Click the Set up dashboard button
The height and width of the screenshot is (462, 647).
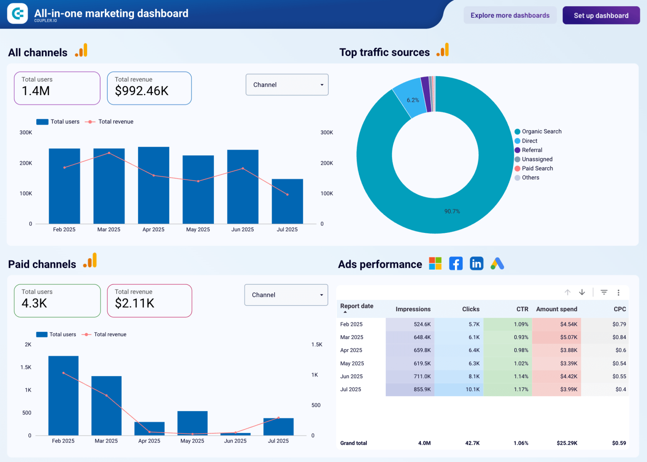click(601, 16)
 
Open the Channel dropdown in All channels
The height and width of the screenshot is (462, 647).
click(287, 85)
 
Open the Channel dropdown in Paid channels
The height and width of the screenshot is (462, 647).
click(286, 295)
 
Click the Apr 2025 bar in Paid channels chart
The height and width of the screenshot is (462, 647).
click(149, 428)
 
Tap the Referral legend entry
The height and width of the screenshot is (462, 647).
click(532, 150)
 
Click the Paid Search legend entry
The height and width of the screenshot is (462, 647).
click(537, 168)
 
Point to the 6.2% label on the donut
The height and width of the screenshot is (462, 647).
click(413, 100)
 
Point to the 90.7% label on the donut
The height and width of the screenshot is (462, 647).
click(452, 211)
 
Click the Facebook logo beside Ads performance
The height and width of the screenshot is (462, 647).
click(456, 264)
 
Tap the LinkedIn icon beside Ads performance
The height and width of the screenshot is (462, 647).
click(476, 264)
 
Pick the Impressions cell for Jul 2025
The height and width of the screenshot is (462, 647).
click(410, 390)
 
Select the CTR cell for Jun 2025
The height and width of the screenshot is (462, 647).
click(508, 377)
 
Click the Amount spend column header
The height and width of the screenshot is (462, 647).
click(556, 309)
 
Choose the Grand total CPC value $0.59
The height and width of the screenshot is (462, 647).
click(619, 443)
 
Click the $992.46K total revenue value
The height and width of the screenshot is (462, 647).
click(142, 91)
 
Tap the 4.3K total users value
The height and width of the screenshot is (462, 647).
click(35, 303)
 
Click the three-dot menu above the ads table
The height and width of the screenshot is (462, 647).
click(618, 292)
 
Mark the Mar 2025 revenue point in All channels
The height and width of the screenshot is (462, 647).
click(109, 153)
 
